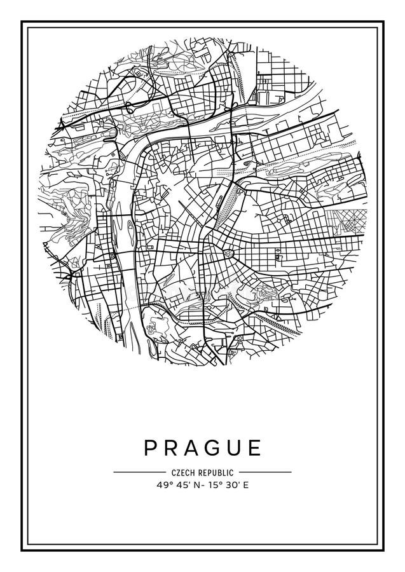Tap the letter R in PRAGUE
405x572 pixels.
pos(171,447)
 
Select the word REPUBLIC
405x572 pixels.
pos(216,472)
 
